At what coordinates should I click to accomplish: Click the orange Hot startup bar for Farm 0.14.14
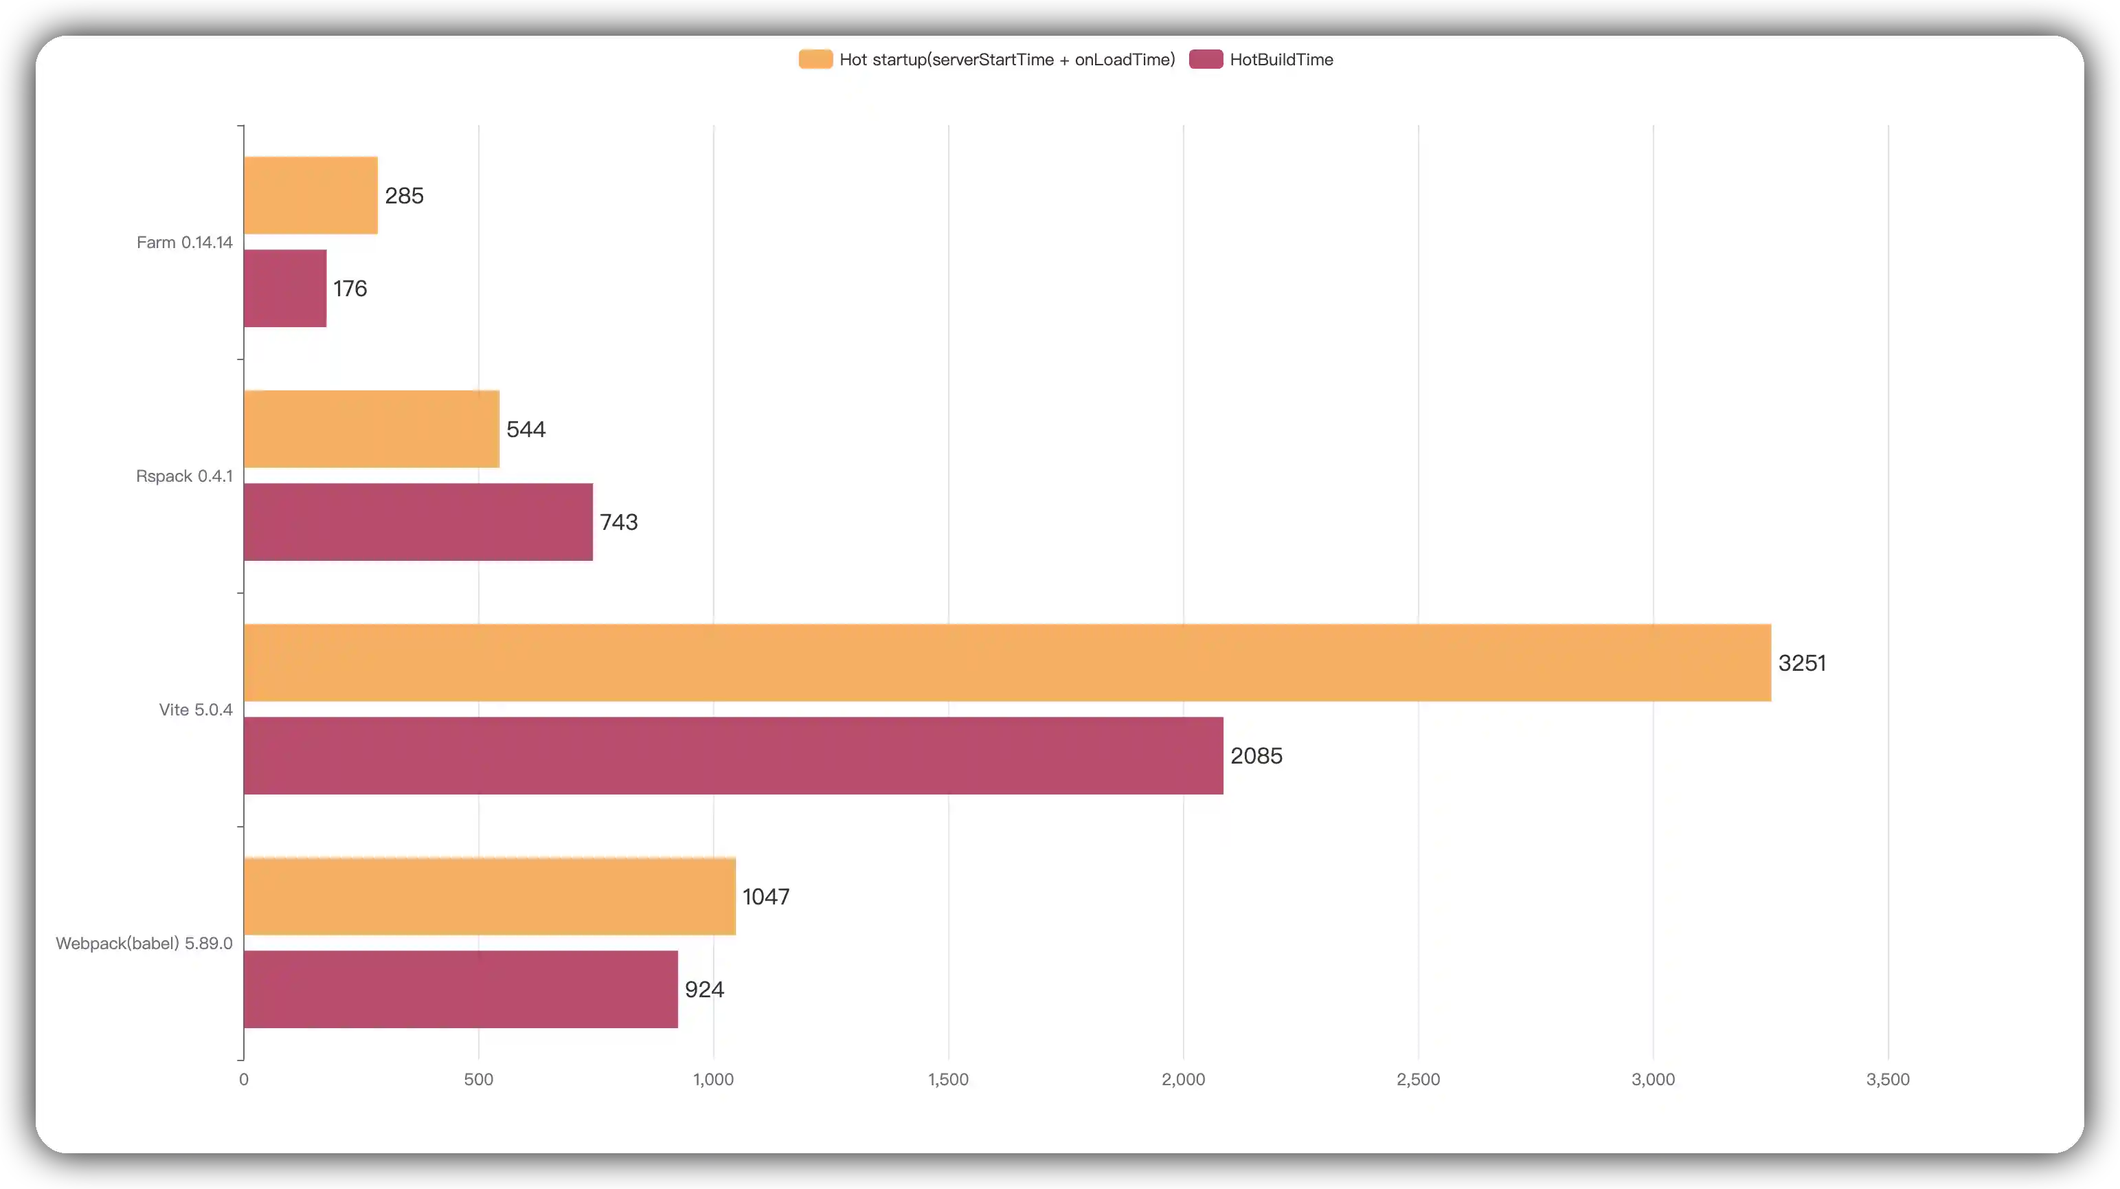[x=311, y=195]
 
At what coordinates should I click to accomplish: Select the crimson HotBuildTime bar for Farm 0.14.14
[x=285, y=288]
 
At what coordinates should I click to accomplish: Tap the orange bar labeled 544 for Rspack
[x=371, y=429]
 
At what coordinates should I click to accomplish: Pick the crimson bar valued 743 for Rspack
[x=418, y=522]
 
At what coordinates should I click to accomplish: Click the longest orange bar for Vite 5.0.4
[x=1006, y=663]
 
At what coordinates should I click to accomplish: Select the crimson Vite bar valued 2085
[x=733, y=756]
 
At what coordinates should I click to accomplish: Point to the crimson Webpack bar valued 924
[x=461, y=989]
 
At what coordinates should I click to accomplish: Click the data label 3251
[x=1801, y=663]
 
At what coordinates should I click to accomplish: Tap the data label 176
[x=350, y=288]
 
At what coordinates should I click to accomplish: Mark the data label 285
[x=404, y=195]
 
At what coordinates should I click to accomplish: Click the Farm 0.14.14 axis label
[x=184, y=242]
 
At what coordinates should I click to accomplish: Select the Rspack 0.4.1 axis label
[x=184, y=476]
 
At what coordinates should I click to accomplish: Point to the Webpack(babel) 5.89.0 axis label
[x=144, y=943]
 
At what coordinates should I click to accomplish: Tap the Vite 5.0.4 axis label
[x=196, y=710]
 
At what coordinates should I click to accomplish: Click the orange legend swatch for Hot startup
[x=815, y=59]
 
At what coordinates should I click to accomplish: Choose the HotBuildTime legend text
[x=1281, y=59]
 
